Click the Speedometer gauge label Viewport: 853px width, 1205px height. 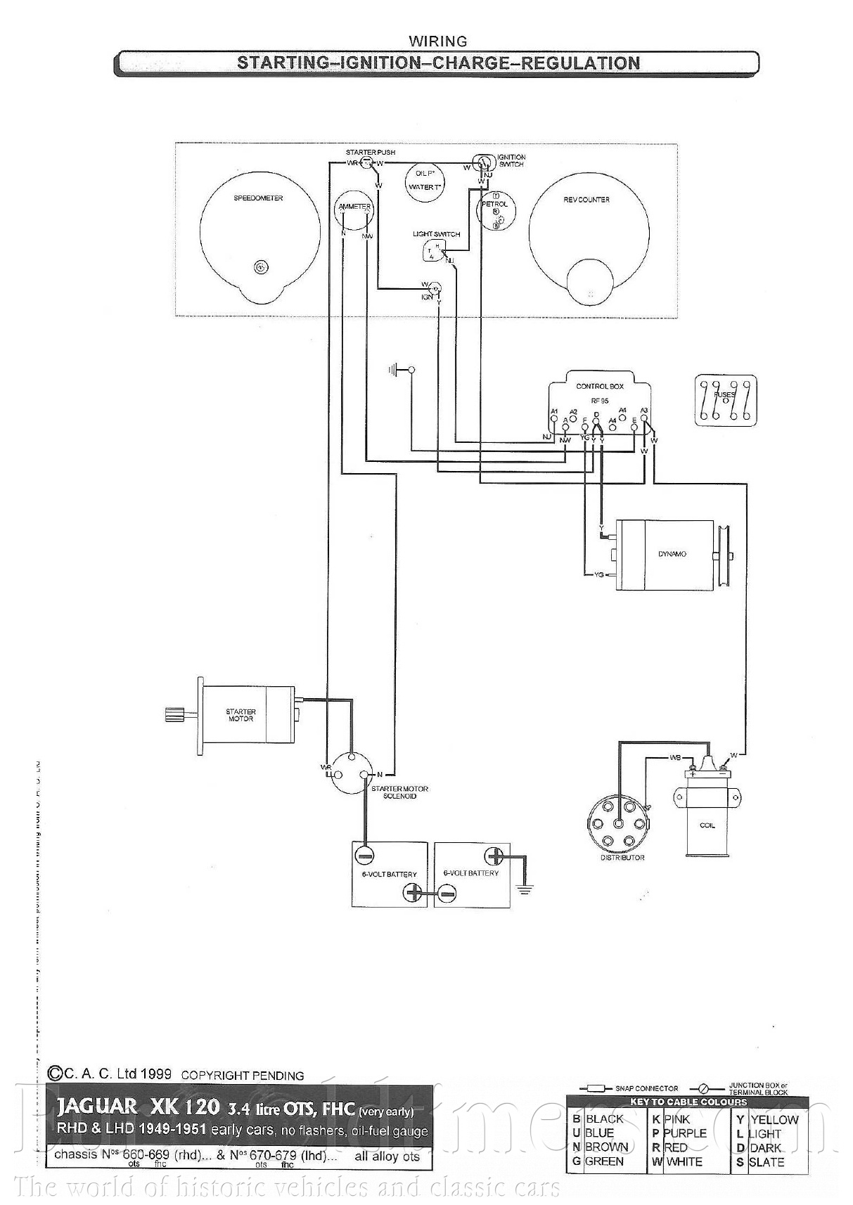[x=258, y=198]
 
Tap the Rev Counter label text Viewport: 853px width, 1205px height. [x=586, y=200]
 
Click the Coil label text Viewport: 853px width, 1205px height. [x=707, y=825]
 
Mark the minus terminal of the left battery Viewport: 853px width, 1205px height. [x=364, y=855]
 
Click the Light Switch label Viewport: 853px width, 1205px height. [x=436, y=234]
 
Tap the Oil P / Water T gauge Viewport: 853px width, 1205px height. [x=425, y=180]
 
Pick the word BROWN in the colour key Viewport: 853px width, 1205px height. [x=606, y=1147]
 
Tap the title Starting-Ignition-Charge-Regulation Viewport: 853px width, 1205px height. [x=438, y=63]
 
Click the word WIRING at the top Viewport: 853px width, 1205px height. [x=437, y=41]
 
